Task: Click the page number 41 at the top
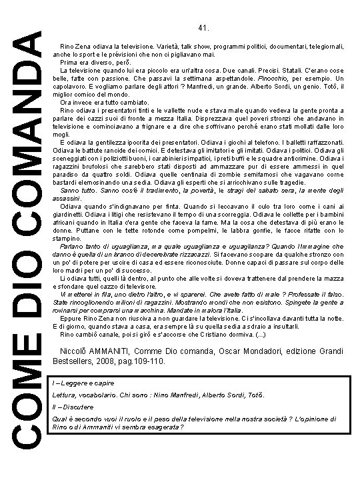coord(204,28)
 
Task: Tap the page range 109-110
coord(151,361)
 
